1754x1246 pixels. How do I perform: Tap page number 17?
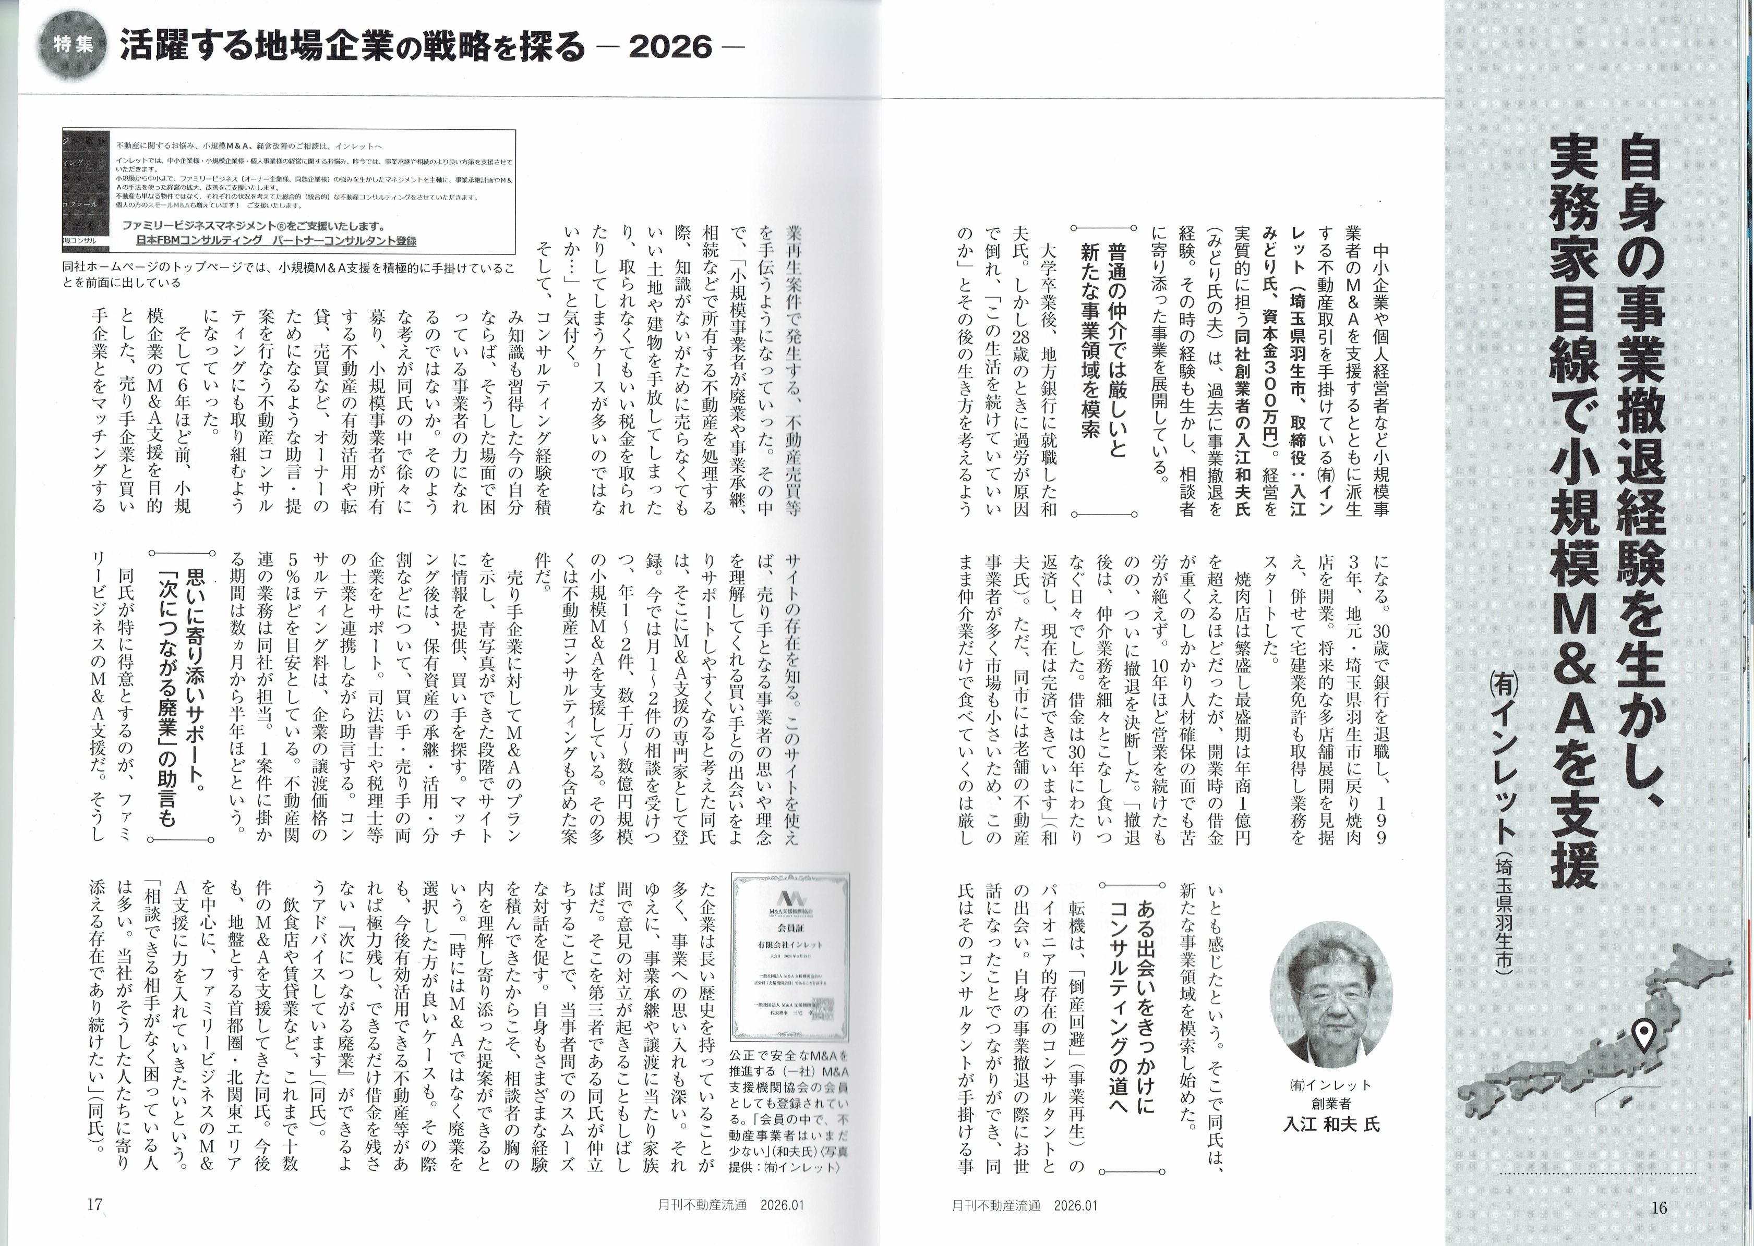(94, 1204)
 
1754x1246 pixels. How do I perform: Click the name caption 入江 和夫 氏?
(1332, 1125)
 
